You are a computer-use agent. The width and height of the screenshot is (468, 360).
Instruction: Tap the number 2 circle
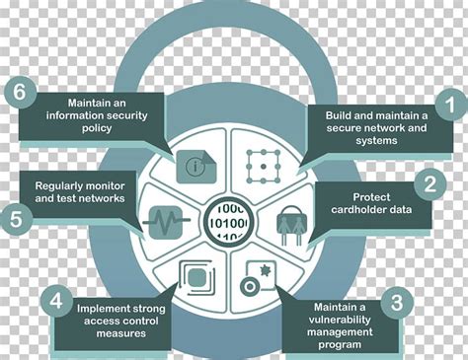[429, 182]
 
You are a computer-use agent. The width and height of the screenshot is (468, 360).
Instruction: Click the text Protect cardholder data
[378, 201]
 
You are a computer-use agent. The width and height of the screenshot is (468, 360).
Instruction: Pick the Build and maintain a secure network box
[376, 127]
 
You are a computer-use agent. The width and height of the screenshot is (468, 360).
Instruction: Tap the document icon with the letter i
[195, 163]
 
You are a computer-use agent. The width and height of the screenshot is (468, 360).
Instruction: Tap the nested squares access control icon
[195, 278]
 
